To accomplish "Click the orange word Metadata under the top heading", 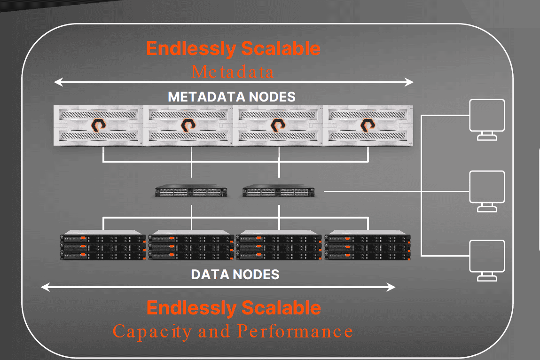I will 233,72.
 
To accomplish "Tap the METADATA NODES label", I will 232,97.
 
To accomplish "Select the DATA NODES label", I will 235,274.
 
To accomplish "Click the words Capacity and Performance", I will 233,331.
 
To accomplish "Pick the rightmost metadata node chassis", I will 368,125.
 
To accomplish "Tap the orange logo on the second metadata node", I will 188,125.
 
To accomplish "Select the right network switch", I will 281,192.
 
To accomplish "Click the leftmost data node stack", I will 103,245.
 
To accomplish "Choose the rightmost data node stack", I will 368,245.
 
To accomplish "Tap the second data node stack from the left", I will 191,245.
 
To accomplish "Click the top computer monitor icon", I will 487,119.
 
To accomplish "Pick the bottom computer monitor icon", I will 487,260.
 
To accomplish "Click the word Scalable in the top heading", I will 281,48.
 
